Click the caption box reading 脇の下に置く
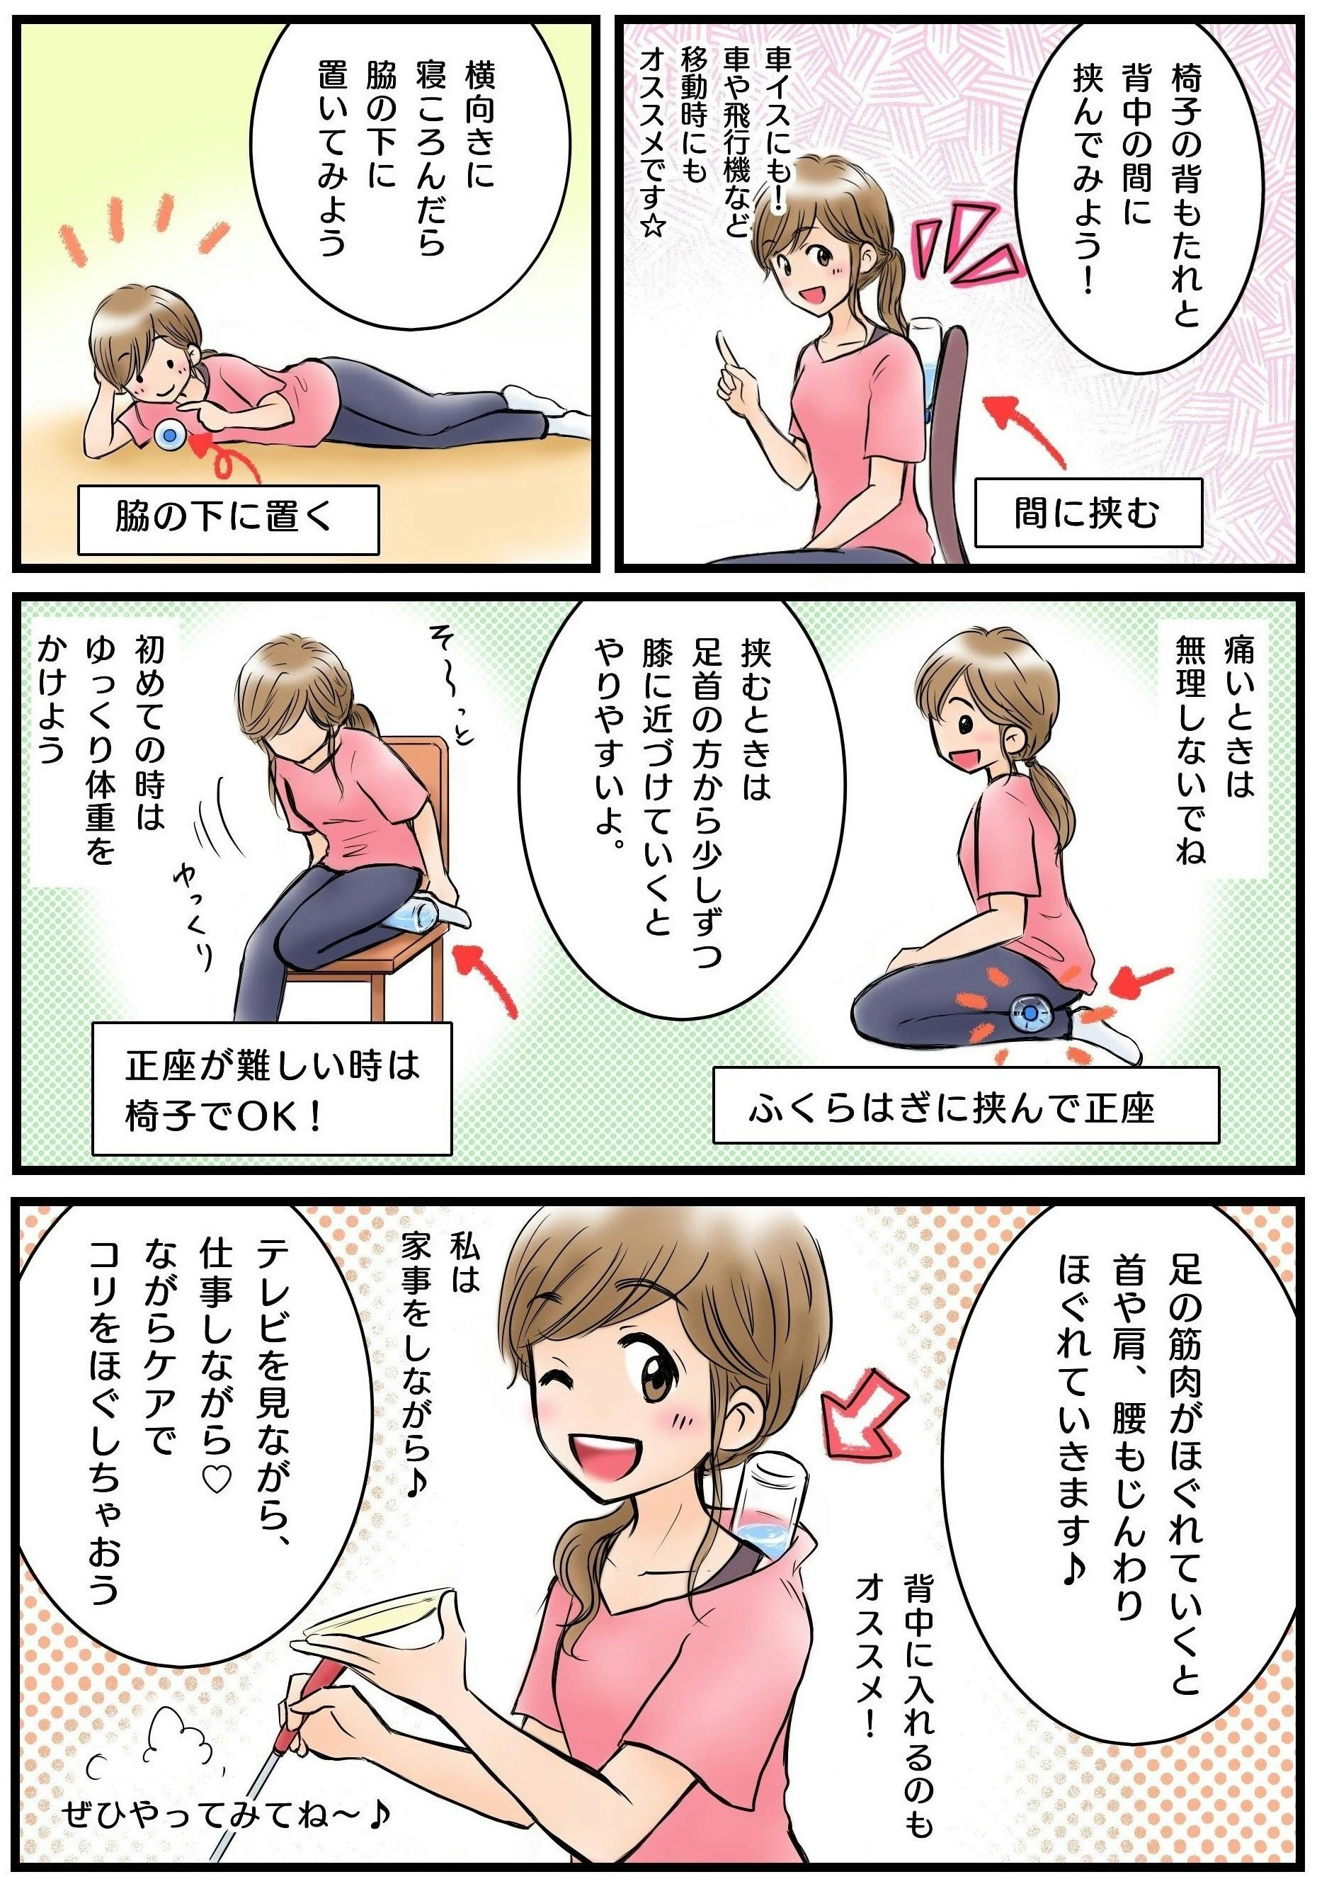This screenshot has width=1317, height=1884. [x=228, y=519]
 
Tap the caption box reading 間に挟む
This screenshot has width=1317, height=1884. [x=1088, y=513]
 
